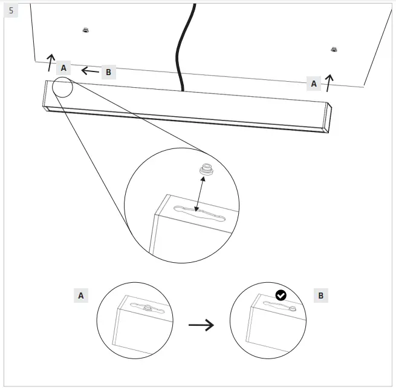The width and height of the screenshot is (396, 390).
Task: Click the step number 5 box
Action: click(11, 11)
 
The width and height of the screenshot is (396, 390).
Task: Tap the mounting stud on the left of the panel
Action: click(85, 30)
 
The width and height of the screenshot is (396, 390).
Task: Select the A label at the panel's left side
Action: click(63, 68)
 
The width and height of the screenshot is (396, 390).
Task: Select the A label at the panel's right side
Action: click(313, 84)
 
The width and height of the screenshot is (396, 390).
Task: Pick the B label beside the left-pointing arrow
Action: click(108, 72)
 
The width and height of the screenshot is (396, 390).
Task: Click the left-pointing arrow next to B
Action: click(91, 71)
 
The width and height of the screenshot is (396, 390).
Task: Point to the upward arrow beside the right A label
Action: click(329, 82)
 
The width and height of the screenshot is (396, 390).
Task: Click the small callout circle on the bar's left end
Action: click(62, 88)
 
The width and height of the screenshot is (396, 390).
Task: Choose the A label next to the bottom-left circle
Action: click(80, 295)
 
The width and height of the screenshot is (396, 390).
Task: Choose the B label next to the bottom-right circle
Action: click(320, 296)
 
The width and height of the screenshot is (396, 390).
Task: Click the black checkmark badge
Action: click(281, 295)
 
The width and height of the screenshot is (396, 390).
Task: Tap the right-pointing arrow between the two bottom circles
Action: click(201, 325)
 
